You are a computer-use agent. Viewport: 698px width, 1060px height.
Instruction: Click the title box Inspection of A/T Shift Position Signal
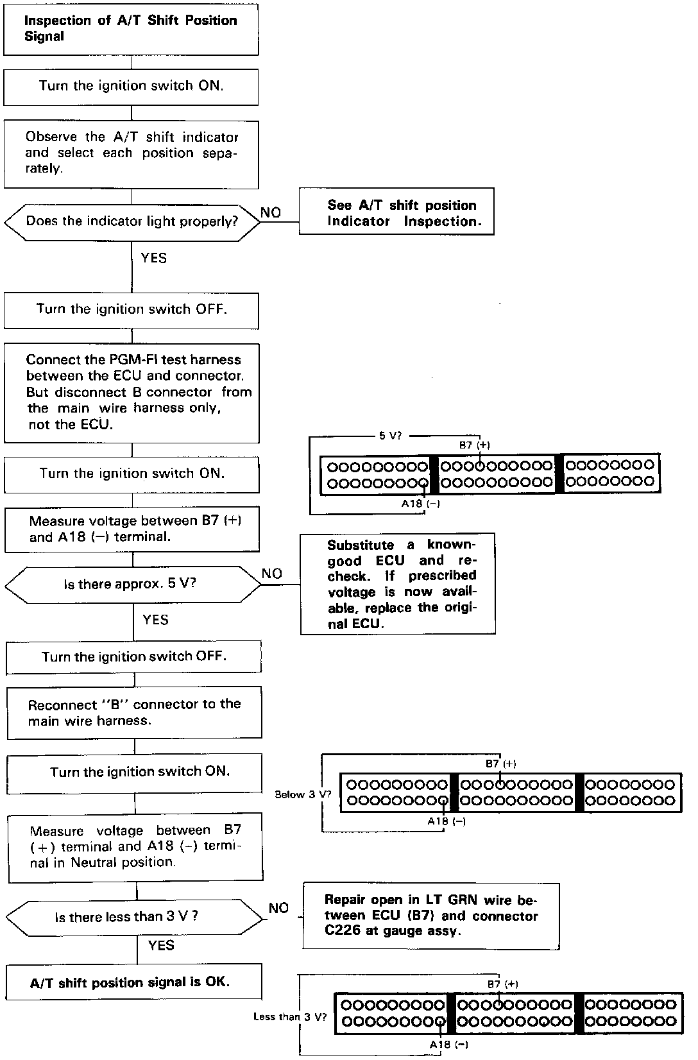tap(131, 29)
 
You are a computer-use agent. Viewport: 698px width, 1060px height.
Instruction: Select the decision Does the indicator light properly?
tap(132, 221)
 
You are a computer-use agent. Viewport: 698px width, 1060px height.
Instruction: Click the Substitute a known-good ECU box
tap(398, 584)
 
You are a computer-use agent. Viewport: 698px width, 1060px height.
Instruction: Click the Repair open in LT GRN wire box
tap(430, 916)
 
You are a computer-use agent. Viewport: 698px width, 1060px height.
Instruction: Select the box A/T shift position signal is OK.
tap(134, 982)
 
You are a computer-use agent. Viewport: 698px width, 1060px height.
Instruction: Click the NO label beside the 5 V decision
tap(272, 574)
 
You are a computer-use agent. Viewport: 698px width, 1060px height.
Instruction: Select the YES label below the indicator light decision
tap(154, 258)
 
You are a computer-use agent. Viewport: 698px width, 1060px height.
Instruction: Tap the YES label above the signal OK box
tap(161, 945)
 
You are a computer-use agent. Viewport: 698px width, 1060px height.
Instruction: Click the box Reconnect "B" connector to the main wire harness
tap(134, 712)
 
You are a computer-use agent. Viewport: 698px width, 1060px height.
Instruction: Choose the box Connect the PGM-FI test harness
tap(132, 392)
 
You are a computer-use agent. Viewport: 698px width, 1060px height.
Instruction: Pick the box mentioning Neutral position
tap(135, 847)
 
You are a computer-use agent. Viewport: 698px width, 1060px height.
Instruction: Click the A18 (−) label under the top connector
tap(421, 504)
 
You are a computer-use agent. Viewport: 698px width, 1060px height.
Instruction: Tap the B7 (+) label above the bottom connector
tap(502, 984)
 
